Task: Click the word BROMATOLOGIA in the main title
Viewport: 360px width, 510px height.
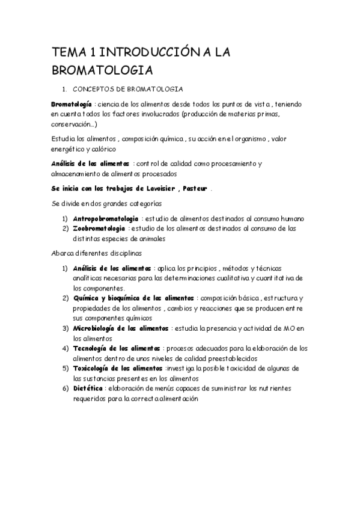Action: (102, 70)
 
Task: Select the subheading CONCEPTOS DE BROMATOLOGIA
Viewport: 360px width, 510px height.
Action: (130, 88)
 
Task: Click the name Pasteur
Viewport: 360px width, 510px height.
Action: (194, 188)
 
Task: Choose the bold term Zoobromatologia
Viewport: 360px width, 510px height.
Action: (99, 228)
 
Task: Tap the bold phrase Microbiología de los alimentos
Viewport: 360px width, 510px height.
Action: (120, 328)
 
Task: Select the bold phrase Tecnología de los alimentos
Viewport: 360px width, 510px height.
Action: (116, 348)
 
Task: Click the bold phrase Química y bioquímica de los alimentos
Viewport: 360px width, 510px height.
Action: (133, 298)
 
